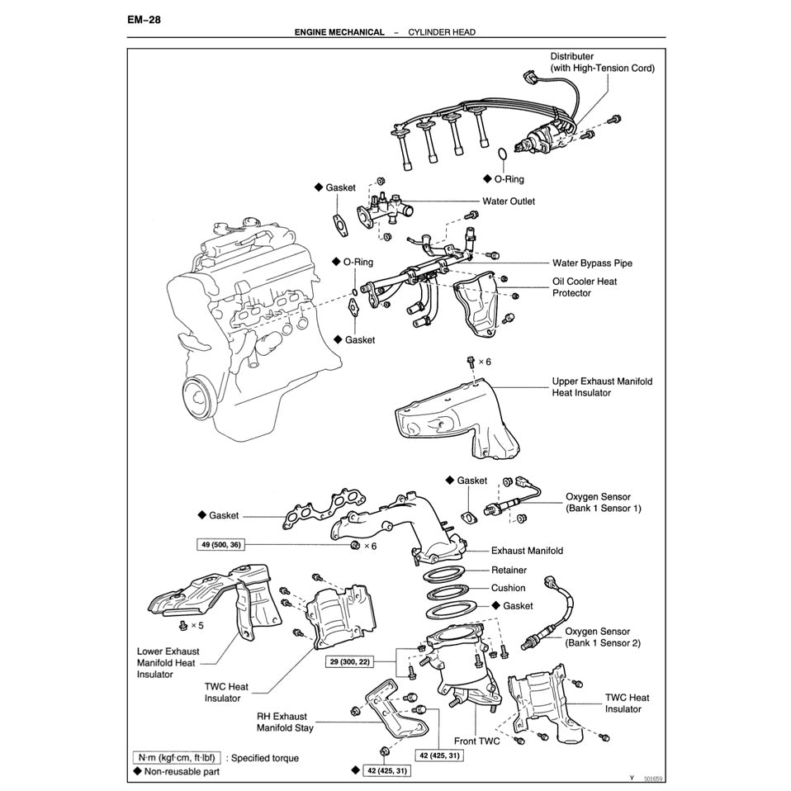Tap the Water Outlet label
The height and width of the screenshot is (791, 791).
[x=509, y=201]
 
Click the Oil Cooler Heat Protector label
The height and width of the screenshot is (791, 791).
[x=585, y=287]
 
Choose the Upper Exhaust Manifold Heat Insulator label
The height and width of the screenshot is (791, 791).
[x=602, y=387]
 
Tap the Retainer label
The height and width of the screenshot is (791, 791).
[x=509, y=570]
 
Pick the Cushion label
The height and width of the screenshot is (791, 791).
[x=508, y=588]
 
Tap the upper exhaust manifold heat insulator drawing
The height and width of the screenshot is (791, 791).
[x=450, y=417]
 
